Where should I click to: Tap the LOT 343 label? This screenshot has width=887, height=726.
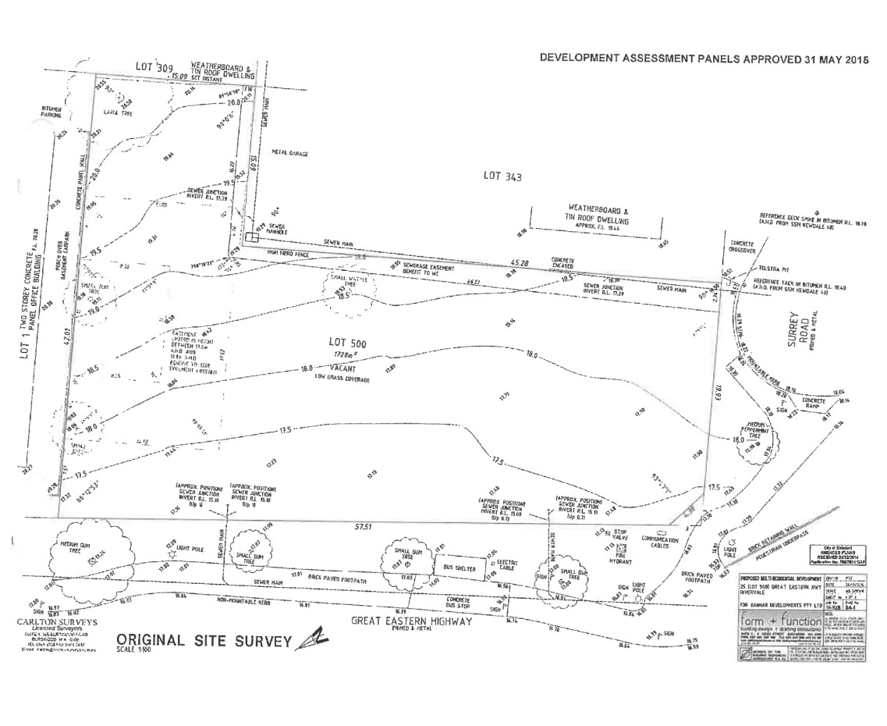(501, 177)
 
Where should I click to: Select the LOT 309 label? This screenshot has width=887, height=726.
(153, 67)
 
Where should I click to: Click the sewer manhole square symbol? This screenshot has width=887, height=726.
(250, 237)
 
